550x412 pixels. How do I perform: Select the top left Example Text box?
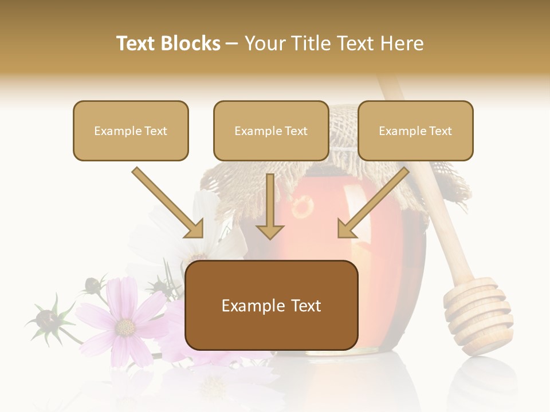click(x=131, y=130)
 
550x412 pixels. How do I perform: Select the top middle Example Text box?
click(x=271, y=130)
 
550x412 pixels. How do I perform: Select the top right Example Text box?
click(x=415, y=130)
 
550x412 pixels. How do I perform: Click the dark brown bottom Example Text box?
click(x=271, y=306)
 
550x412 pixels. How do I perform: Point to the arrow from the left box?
click(x=167, y=203)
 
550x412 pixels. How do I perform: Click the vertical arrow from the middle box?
click(x=270, y=206)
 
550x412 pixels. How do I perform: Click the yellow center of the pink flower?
click(x=125, y=327)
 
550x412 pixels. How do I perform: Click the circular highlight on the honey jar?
click(x=302, y=207)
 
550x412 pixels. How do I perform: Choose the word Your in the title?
click(x=265, y=43)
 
